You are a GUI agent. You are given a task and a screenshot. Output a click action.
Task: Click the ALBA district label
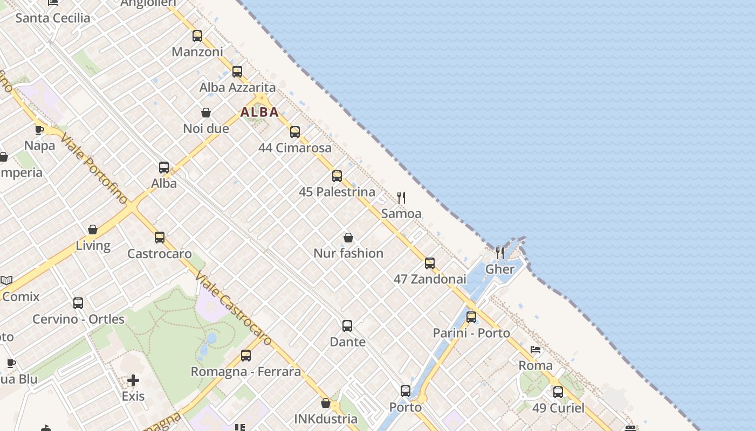pyautogui.click(x=259, y=112)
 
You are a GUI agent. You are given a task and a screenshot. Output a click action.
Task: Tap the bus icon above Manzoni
pyautogui.click(x=197, y=36)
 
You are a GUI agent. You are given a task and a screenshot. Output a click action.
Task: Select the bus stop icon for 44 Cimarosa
pyautogui.click(x=295, y=132)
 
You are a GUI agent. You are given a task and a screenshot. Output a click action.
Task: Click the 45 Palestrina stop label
pyautogui.click(x=337, y=192)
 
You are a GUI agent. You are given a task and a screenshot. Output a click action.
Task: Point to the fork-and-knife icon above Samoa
pyautogui.click(x=401, y=198)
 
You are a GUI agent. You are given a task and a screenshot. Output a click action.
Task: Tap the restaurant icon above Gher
pyautogui.click(x=500, y=253)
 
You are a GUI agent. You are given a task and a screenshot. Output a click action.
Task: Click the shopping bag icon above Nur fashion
pyautogui.click(x=348, y=238)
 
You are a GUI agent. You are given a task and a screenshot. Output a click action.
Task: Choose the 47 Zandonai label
pyautogui.click(x=430, y=279)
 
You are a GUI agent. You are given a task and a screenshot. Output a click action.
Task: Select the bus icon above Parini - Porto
pyautogui.click(x=471, y=317)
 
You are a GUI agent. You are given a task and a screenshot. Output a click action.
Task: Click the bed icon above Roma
pyautogui.click(x=536, y=350)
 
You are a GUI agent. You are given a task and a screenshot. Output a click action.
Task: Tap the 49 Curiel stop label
pyautogui.click(x=558, y=408)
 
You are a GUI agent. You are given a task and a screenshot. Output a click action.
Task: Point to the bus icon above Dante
pyautogui.click(x=347, y=326)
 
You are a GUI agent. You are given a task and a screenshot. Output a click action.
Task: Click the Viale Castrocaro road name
pyautogui.click(x=234, y=308)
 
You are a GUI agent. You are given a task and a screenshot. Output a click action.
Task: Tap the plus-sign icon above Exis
pyautogui.click(x=133, y=381)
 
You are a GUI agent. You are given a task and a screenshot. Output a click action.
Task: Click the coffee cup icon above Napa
pyautogui.click(x=39, y=130)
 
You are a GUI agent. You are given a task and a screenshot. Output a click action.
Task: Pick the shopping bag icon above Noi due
pyautogui.click(x=206, y=113)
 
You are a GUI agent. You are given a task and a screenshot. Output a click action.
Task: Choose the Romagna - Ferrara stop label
pyautogui.click(x=246, y=372)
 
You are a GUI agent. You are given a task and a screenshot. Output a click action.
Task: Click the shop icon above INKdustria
pyautogui.click(x=326, y=403)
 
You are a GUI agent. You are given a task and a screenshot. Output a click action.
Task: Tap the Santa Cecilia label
pyautogui.click(x=53, y=18)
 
